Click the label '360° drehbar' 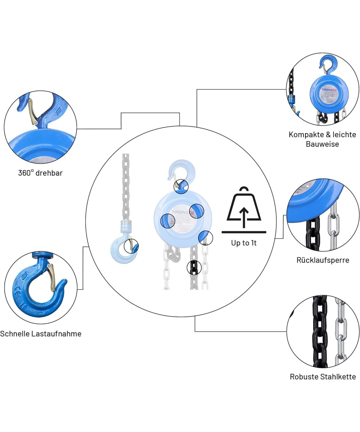[40, 173]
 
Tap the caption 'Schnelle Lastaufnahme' [41, 334]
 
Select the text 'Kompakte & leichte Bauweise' [322, 139]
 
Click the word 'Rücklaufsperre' [323, 260]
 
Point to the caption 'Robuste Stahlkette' [323, 377]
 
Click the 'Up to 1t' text [244, 243]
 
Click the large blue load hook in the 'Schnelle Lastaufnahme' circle [36, 288]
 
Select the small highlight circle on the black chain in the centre [194, 267]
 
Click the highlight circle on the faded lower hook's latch [131, 247]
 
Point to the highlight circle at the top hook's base [181, 186]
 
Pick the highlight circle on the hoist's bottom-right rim [206, 238]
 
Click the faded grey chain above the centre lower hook [126, 187]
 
